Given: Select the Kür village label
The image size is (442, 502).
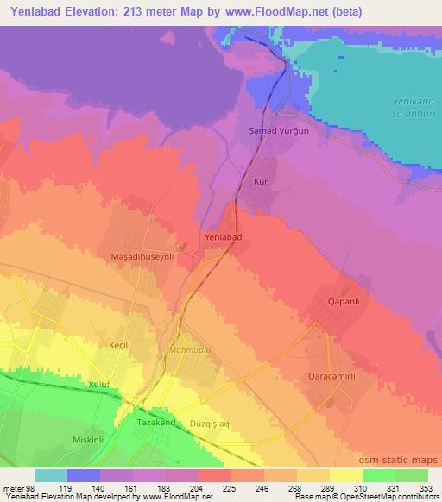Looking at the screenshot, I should (x=261, y=182).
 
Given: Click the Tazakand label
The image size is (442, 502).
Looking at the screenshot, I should (x=157, y=423).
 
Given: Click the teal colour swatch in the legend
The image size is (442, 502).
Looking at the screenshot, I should (x=51, y=475).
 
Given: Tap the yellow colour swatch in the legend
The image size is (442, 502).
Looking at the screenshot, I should (x=345, y=475).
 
